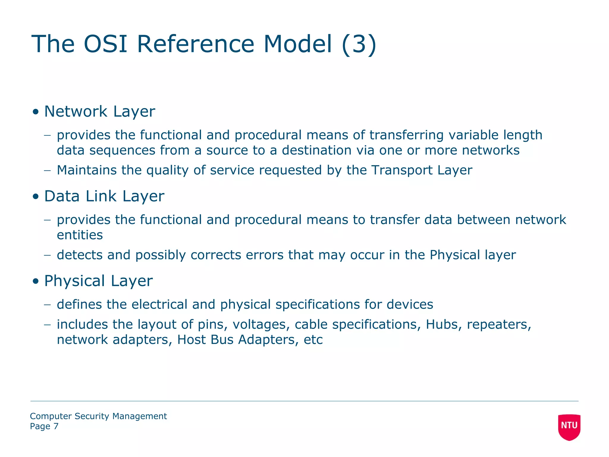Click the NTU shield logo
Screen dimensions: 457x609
point(569,426)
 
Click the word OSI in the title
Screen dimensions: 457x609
point(106,44)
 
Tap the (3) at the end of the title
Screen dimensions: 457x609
point(359,45)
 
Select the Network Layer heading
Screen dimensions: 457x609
point(100,112)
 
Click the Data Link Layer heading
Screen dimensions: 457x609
point(104,196)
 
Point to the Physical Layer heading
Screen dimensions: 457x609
point(98,281)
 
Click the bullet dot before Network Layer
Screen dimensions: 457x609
point(36,112)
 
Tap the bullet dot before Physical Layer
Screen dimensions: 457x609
point(36,281)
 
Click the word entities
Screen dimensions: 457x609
point(80,235)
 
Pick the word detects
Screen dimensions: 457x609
point(80,255)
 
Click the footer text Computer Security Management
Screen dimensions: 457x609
point(98,416)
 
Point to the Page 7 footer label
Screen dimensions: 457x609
point(44,426)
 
